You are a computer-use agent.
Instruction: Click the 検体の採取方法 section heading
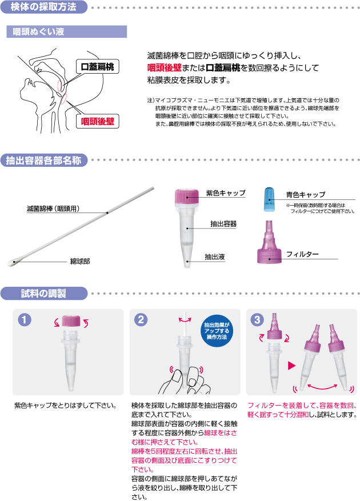(x=44, y=7)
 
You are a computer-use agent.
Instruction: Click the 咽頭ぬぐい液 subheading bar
(x=66, y=31)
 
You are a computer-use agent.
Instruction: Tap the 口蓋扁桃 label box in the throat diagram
(x=98, y=67)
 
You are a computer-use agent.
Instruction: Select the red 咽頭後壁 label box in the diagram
(x=98, y=122)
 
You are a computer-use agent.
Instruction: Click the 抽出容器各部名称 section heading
(x=44, y=160)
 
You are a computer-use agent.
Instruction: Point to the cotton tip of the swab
(x=13, y=263)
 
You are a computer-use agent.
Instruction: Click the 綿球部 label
(x=80, y=262)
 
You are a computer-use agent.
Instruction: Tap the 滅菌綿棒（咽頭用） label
(x=53, y=209)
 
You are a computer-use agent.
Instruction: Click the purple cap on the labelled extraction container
(x=187, y=196)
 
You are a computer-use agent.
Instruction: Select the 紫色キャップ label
(x=226, y=193)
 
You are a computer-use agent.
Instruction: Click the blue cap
(x=270, y=200)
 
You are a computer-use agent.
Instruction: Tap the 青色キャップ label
(x=306, y=195)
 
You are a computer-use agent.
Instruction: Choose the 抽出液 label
(x=215, y=257)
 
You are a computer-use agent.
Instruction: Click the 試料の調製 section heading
(x=44, y=293)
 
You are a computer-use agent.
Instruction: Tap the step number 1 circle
(x=25, y=319)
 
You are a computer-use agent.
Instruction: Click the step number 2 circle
(x=141, y=319)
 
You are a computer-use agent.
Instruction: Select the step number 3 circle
(x=257, y=319)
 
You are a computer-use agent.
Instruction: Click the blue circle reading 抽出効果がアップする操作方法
(x=217, y=331)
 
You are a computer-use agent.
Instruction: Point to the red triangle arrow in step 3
(x=291, y=366)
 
